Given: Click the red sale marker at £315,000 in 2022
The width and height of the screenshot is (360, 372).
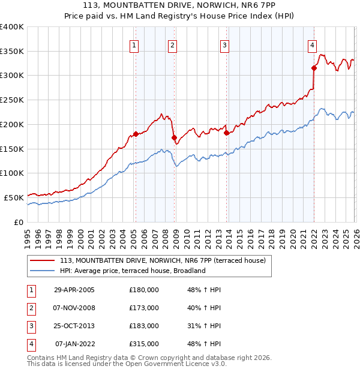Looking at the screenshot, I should click(x=314, y=68).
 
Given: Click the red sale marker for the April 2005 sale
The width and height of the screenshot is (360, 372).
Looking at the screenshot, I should click(x=136, y=134).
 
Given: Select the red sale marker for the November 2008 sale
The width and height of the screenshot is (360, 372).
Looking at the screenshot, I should click(x=175, y=137).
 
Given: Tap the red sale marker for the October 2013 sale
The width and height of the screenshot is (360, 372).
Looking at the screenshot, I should click(x=227, y=133).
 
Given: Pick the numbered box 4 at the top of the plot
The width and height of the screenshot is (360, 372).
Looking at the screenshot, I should click(x=313, y=44).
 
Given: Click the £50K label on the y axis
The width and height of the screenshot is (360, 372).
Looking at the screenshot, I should click(x=14, y=197).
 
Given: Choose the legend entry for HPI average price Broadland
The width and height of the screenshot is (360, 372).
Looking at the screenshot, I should click(x=133, y=271).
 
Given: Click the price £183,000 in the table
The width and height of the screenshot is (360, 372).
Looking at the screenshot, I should click(x=144, y=326).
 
